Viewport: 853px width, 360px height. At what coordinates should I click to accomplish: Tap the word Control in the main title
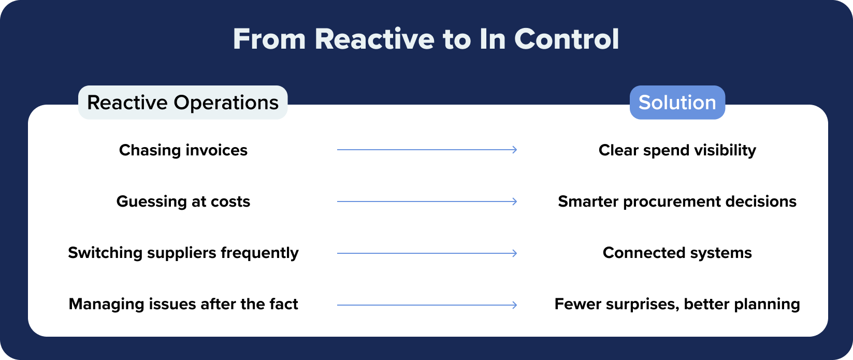[567, 39]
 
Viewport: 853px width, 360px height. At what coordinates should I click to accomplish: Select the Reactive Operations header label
[183, 103]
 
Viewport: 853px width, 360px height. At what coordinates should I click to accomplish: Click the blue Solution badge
[677, 103]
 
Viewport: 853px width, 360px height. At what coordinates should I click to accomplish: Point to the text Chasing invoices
[183, 150]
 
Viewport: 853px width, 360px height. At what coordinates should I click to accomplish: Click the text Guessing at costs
[183, 201]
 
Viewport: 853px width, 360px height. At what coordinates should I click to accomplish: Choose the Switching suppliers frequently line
[183, 253]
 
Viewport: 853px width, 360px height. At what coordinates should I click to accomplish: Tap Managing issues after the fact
[183, 304]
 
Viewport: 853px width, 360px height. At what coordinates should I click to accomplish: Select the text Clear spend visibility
[677, 150]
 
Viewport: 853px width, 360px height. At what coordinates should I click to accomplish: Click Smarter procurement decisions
[677, 201]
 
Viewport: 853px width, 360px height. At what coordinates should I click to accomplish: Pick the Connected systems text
[677, 253]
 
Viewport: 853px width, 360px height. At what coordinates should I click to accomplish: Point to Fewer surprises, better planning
[677, 304]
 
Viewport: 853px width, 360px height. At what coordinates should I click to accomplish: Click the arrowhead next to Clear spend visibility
[514, 150]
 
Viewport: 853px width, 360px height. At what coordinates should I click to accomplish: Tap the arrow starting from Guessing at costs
[427, 201]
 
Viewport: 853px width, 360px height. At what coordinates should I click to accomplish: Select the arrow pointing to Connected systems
[427, 253]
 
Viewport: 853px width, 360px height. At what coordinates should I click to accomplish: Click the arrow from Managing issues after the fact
[427, 305]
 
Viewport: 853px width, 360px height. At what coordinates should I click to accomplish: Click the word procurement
[670, 202]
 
